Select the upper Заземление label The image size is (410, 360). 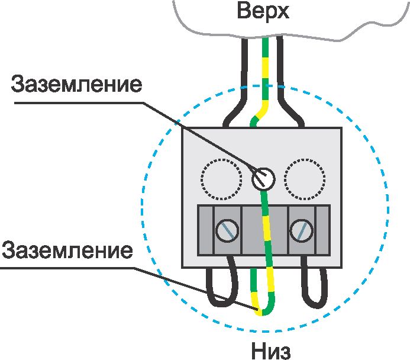click(x=77, y=84)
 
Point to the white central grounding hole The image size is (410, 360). click(x=263, y=178)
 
